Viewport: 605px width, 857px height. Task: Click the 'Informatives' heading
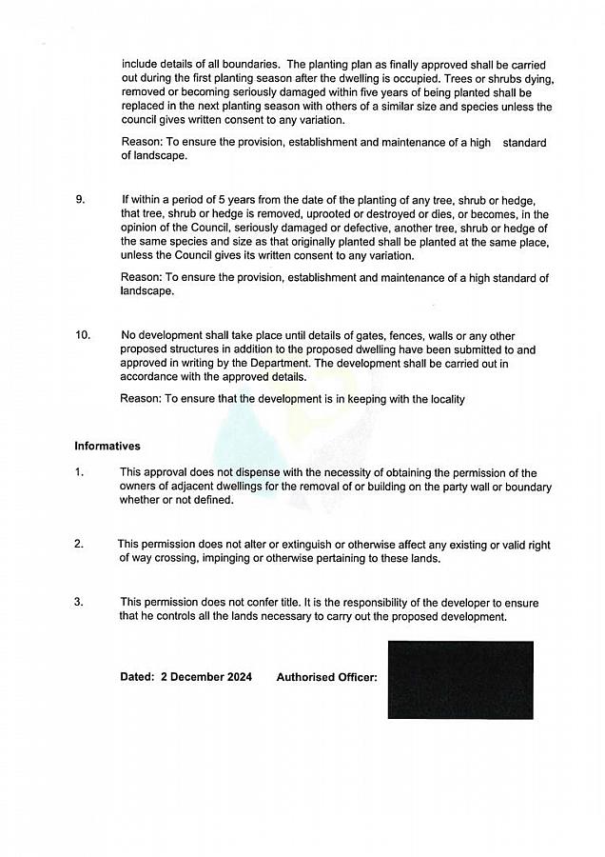coord(107,446)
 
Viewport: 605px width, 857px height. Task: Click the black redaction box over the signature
coord(460,680)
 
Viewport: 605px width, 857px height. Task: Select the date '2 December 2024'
coord(206,677)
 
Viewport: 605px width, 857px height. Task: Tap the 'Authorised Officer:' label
coord(326,677)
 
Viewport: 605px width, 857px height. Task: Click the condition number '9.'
coord(80,200)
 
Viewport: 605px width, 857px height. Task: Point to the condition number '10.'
coord(83,335)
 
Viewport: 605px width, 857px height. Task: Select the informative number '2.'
coord(79,545)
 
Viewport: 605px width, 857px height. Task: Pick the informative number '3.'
coord(79,602)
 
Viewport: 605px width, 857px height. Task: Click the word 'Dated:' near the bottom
coord(137,677)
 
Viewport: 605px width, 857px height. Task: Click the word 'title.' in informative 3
coord(286,603)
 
